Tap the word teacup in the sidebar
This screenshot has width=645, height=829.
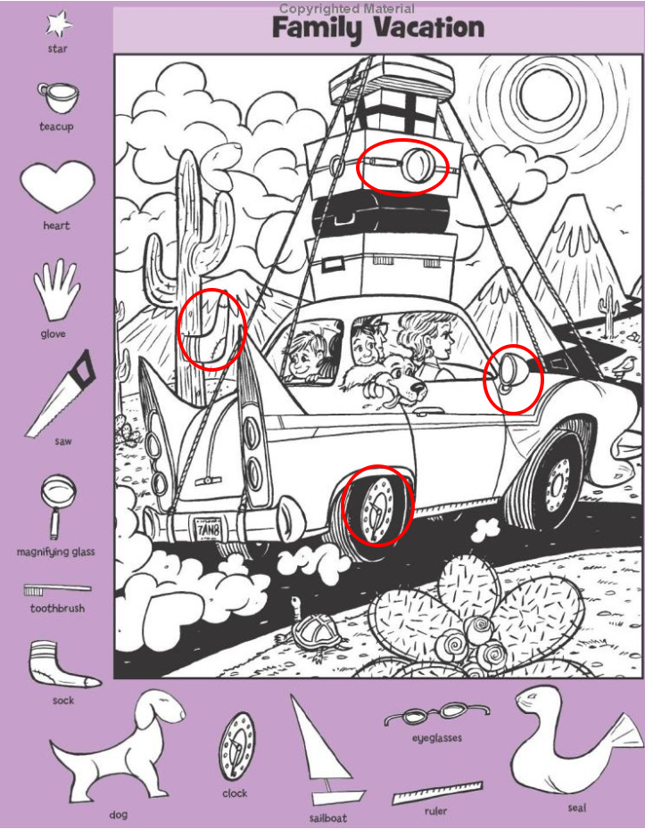56,127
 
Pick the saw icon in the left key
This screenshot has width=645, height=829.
62,393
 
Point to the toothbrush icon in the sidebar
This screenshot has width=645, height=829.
57,589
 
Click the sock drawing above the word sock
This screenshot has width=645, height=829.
61,665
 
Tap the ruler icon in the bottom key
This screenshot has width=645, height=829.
438,792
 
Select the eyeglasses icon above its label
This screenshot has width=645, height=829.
437,715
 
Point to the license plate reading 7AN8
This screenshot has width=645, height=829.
208,529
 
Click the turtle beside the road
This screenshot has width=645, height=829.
312,629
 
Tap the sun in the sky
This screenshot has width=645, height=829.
545,94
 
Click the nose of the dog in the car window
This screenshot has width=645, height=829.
419,390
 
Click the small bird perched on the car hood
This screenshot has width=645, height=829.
626,365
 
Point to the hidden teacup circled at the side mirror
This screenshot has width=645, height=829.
510,373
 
